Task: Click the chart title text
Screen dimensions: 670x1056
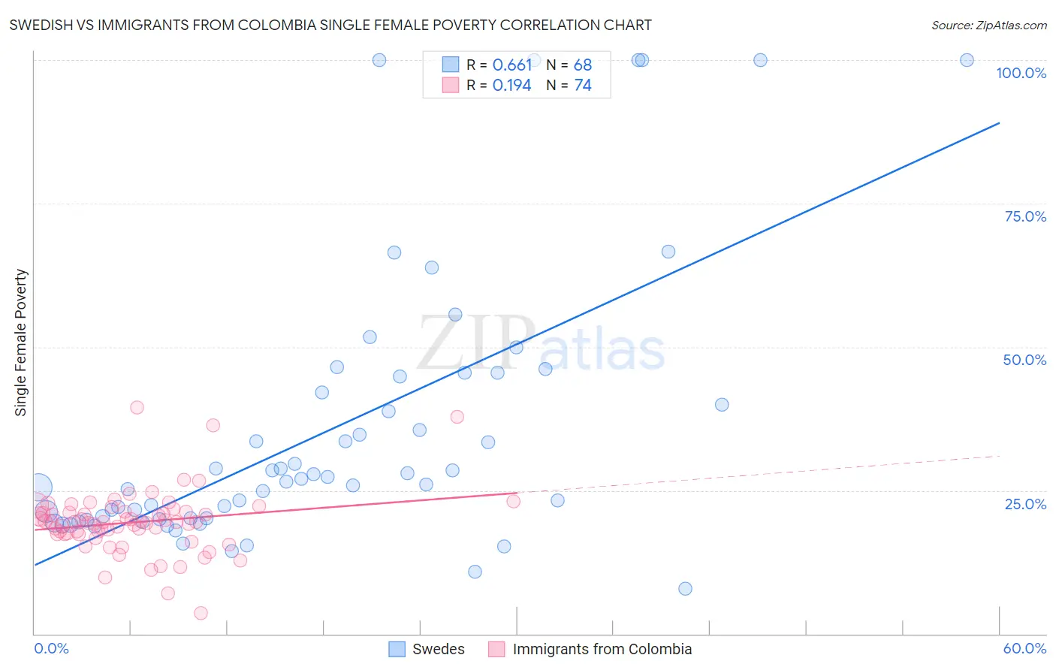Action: [x=330, y=25]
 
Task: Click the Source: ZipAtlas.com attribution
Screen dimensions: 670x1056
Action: [x=988, y=25]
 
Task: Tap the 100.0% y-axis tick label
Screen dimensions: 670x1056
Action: [x=1021, y=73]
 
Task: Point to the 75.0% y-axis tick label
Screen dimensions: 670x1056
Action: [x=1025, y=216]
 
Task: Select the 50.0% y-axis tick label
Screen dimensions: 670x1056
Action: [x=1024, y=360]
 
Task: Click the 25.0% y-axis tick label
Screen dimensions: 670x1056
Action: [x=1025, y=503]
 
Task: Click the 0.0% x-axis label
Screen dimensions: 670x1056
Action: [x=51, y=648]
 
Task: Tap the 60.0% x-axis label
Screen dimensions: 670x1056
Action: [x=1024, y=648]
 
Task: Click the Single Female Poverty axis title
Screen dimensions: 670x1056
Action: [x=21, y=343]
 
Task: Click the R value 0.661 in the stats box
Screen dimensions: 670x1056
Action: [x=511, y=65]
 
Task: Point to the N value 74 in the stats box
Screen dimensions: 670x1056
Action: [x=583, y=86]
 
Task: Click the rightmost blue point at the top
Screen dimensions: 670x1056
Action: [x=967, y=60]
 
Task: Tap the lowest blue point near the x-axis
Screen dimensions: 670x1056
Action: [x=685, y=588]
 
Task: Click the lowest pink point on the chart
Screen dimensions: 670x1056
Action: [x=201, y=613]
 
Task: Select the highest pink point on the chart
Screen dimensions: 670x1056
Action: [x=137, y=407]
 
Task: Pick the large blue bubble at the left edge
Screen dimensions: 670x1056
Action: [x=39, y=487]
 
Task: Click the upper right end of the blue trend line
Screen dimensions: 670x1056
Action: [x=999, y=122]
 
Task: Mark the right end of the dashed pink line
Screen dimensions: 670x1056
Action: [x=999, y=456]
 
